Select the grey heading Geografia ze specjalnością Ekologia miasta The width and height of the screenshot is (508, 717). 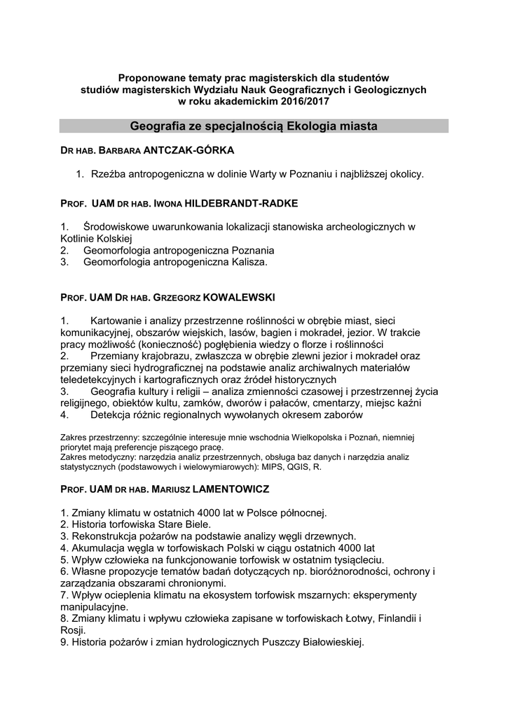click(x=254, y=127)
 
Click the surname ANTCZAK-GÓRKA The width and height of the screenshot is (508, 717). click(x=188, y=150)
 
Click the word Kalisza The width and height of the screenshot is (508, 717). click(x=245, y=262)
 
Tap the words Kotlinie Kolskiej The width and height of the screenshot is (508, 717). click(x=101, y=238)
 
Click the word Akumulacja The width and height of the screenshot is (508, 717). click(x=97, y=548)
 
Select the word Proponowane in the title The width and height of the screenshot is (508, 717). click(x=151, y=77)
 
